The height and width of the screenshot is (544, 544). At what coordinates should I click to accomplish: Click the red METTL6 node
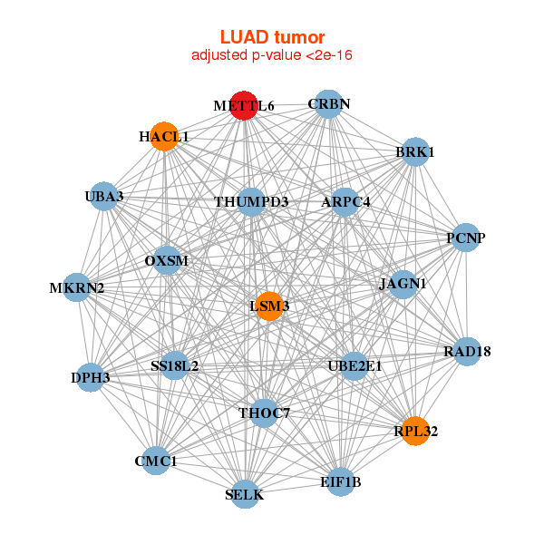(244, 105)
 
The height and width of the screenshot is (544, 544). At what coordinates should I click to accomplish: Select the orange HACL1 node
(164, 136)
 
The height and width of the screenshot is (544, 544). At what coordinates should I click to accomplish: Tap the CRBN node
(328, 104)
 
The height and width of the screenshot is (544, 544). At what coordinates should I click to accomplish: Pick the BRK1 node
(414, 152)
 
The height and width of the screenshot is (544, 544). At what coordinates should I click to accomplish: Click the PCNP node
(466, 238)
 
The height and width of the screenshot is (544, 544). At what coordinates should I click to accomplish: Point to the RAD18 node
(466, 351)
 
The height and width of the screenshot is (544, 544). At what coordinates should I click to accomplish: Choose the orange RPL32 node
(415, 431)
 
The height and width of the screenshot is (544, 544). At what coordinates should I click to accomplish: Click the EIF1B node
(341, 481)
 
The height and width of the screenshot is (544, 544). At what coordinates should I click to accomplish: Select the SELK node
(245, 494)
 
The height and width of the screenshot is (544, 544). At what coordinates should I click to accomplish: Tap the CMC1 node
(156, 461)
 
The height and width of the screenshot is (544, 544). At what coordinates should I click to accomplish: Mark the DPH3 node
(91, 377)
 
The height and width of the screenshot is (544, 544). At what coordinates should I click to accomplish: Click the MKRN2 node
(77, 288)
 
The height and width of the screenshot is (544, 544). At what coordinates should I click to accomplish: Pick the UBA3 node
(104, 197)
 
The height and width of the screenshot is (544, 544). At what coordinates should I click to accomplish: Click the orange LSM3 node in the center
(269, 306)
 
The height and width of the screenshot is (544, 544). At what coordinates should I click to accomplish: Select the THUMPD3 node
(251, 201)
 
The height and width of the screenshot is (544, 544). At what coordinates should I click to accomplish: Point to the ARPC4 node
(345, 201)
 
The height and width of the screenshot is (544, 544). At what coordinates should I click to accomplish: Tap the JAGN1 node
(402, 284)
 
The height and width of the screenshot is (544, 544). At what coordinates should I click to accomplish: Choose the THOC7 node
(264, 413)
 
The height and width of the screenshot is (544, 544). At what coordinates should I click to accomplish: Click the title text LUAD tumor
(272, 37)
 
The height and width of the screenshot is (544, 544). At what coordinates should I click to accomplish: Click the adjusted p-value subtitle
(272, 55)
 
